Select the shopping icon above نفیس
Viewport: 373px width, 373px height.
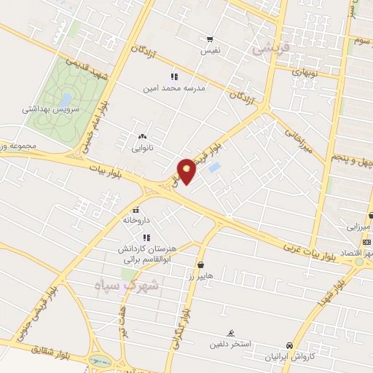point(210,39)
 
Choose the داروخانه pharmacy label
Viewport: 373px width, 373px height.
point(136,219)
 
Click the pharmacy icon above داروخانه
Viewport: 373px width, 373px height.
point(136,210)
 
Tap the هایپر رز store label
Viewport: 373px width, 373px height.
point(200,277)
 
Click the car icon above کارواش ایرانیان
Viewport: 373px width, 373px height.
point(289,346)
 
